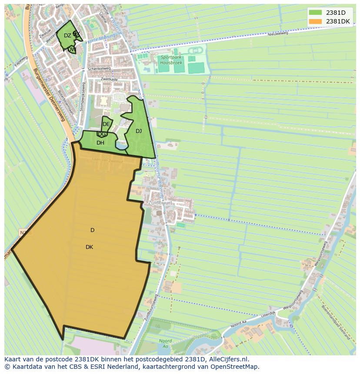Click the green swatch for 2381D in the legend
tap(315, 13)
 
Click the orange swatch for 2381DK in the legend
tap(315, 21)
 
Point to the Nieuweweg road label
tap(278, 33)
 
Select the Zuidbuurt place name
tap(160, 203)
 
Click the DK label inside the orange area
tap(89, 247)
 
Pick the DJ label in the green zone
tap(139, 131)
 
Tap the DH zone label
tap(100, 143)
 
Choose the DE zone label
tap(106, 124)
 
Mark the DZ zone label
tap(67, 36)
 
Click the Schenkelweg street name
tap(99, 69)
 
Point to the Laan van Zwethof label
tap(107, 161)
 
